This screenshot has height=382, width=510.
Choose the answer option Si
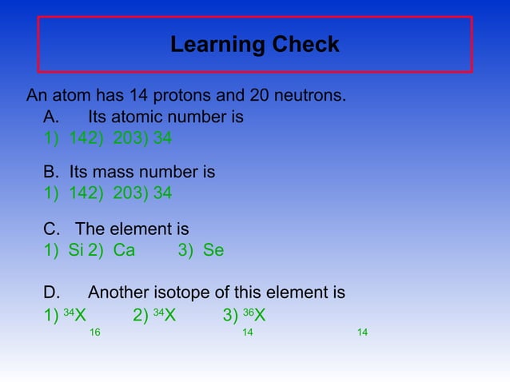pos(76,250)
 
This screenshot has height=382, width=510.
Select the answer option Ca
pos(124,250)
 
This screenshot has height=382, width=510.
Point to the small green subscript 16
pos(95,332)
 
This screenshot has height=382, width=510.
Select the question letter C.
pos(52,229)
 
